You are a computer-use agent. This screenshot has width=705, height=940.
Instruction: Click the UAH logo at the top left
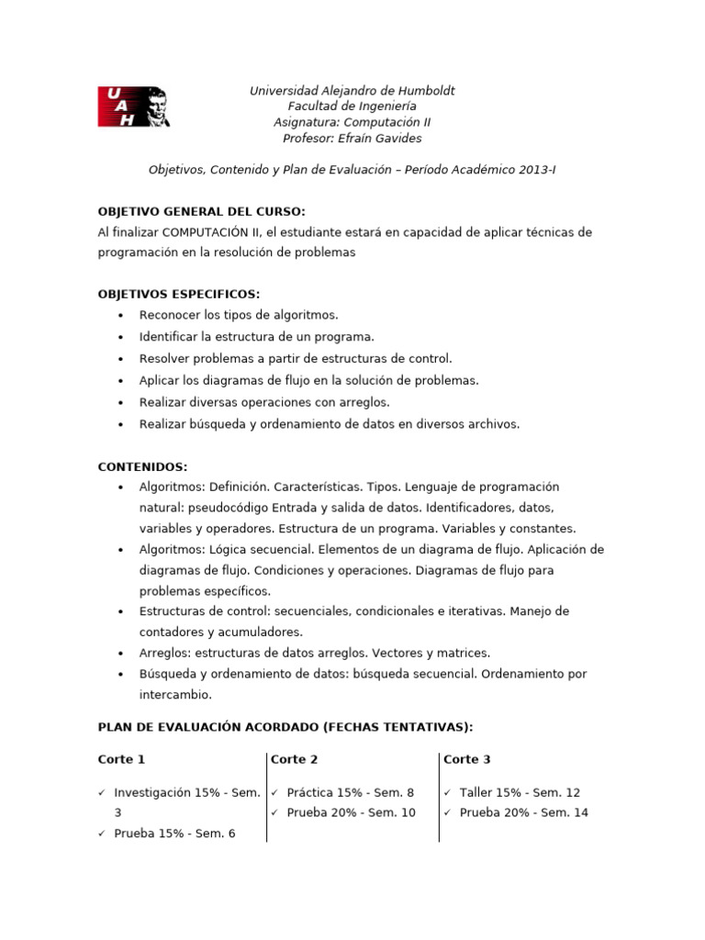[133, 107]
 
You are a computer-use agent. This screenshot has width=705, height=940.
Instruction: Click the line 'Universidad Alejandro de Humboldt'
[352, 90]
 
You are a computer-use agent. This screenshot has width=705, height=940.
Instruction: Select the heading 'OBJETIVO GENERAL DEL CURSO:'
[201, 211]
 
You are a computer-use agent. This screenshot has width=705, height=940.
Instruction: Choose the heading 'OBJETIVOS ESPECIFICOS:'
[179, 294]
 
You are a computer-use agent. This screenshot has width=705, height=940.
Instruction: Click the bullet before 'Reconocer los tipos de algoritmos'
[120, 315]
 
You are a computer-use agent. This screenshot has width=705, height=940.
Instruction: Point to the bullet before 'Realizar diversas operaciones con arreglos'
[120, 402]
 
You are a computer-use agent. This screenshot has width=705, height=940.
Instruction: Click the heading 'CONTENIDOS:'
[142, 466]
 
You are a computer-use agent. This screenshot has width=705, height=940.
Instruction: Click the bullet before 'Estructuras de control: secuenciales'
[120, 611]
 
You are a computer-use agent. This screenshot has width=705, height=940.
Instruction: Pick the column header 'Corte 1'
[121, 759]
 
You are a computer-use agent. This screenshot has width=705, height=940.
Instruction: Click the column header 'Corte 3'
[466, 759]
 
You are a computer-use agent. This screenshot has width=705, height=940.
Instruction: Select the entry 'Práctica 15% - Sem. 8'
[350, 792]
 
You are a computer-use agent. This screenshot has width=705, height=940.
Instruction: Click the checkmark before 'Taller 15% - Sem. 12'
[447, 792]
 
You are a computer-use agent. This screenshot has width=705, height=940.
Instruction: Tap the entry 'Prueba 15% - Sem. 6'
[174, 834]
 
